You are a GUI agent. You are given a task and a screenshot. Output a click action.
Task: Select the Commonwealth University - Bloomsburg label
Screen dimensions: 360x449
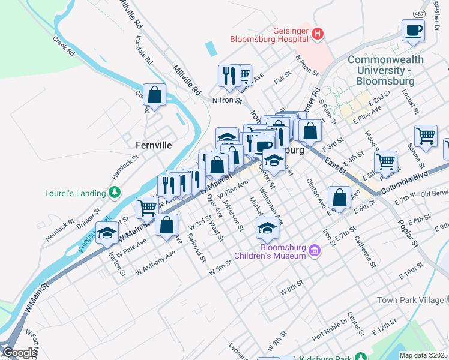385,70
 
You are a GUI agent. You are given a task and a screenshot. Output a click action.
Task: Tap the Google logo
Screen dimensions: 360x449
20,353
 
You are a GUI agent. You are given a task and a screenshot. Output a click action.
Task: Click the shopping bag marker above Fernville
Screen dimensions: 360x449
155,95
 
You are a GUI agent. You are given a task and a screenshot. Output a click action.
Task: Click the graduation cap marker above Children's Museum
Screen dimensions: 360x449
267,227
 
